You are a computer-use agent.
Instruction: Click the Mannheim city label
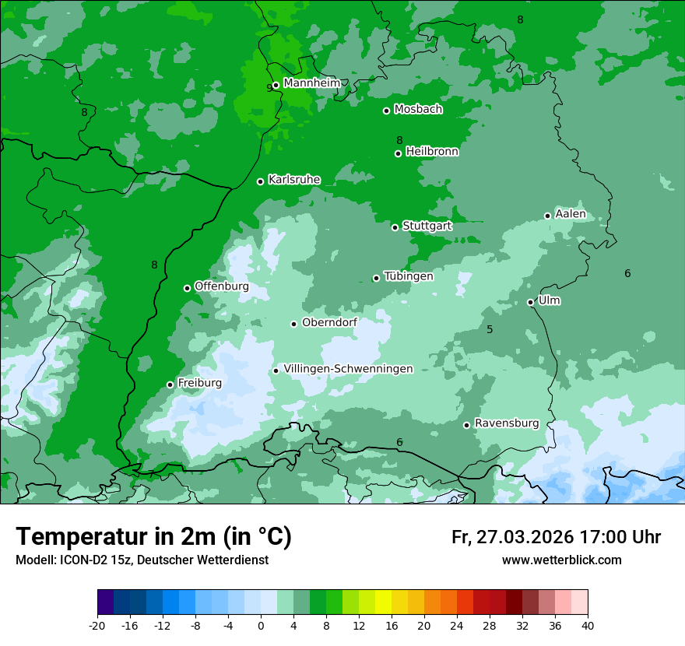pyautogui.click(x=311, y=83)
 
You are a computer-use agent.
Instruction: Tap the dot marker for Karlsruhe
pyautogui.click(x=260, y=181)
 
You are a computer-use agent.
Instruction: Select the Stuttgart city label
pyautogui.click(x=427, y=226)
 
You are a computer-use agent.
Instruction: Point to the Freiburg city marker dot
pyautogui.click(x=170, y=384)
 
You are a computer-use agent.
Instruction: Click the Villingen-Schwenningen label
pyautogui.click(x=348, y=369)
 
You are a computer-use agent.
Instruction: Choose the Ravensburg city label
pyautogui.click(x=506, y=423)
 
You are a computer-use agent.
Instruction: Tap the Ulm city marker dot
pyautogui.click(x=530, y=302)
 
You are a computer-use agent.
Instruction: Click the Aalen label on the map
pyautogui.click(x=570, y=214)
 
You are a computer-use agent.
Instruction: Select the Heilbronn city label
pyautogui.click(x=432, y=152)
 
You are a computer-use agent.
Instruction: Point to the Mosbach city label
pyautogui.click(x=418, y=110)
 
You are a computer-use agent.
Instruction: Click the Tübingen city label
pyautogui.click(x=409, y=276)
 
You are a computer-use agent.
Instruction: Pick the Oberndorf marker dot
pyautogui.click(x=293, y=324)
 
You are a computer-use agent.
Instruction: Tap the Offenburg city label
pyautogui.click(x=221, y=286)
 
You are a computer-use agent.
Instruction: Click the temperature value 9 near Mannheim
pyautogui.click(x=269, y=88)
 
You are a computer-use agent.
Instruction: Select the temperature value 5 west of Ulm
pyautogui.click(x=490, y=329)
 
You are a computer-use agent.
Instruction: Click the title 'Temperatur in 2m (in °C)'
pyautogui.click(x=153, y=536)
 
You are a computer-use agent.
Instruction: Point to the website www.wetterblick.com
pyautogui.click(x=561, y=560)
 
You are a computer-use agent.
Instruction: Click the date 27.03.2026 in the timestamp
pyautogui.click(x=522, y=537)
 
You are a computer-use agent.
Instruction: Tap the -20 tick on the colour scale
pyautogui.click(x=97, y=625)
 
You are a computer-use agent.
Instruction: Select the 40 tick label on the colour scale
pyautogui.click(x=588, y=625)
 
